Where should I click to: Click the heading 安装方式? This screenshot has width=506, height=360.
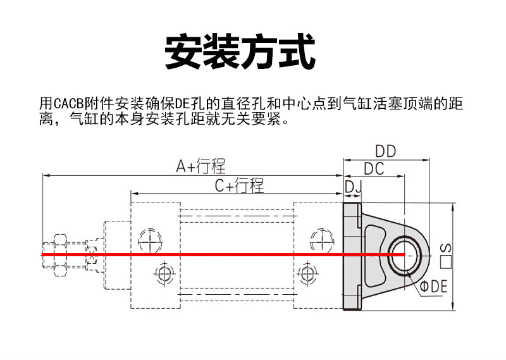(240, 52)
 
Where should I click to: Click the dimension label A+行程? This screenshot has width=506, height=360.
(201, 166)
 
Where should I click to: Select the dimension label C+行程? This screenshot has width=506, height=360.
(238, 185)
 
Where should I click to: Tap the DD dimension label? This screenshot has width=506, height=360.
(385, 151)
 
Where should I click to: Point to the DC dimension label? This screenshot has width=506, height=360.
(374, 169)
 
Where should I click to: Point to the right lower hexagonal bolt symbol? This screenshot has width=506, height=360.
(305, 274)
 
